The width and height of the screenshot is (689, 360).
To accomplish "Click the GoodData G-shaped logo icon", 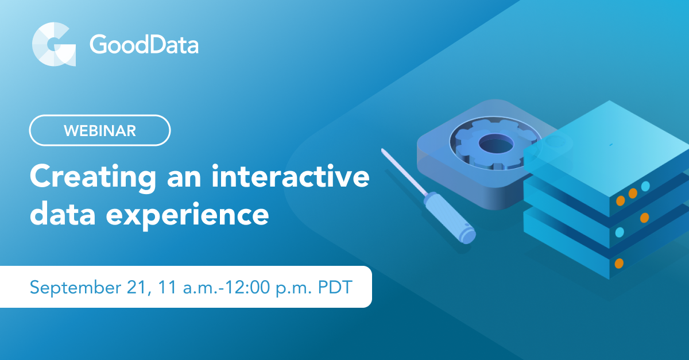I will point(53,45).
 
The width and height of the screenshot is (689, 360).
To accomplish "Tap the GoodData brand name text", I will point(144,45).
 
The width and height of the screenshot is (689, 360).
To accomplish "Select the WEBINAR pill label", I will point(100,130).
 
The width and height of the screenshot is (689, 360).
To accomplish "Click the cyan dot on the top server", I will point(645,186).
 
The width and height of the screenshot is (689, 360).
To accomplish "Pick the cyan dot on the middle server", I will point(620,232).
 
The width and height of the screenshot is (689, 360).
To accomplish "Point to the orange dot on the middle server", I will point(644,218).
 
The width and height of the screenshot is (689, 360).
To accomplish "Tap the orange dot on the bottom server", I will point(619,264).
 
